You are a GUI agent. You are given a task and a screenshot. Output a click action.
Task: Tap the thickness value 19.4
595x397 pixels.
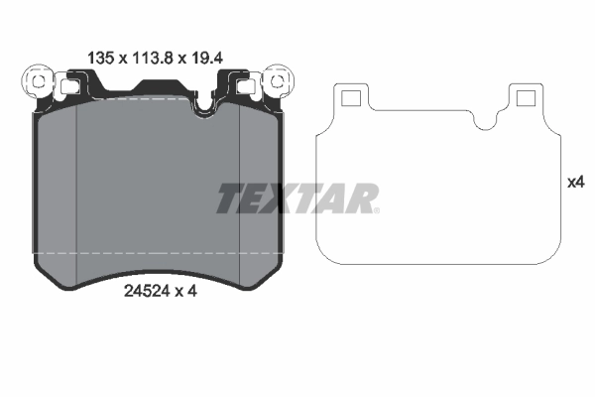[204, 58]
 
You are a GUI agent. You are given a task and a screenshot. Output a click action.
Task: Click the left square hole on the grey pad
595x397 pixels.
[70, 85]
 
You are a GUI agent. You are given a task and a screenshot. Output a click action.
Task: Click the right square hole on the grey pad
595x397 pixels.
[244, 85]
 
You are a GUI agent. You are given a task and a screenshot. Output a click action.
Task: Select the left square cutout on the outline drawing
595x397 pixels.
[350, 97]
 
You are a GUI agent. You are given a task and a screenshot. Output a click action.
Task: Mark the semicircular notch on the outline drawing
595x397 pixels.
[485, 119]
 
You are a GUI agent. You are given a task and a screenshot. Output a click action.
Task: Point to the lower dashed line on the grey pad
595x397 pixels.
[159, 254]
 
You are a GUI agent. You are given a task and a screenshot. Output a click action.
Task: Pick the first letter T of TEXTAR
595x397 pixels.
[230, 198]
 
